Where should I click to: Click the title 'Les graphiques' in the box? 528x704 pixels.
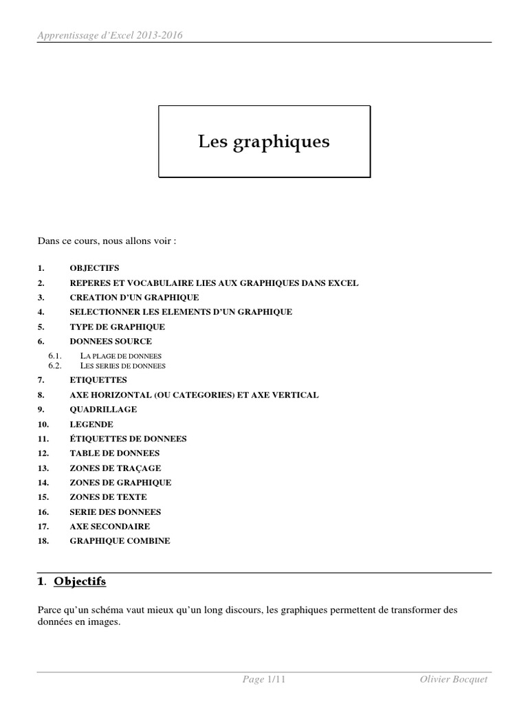264,142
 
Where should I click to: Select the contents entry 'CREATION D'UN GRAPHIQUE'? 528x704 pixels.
134,298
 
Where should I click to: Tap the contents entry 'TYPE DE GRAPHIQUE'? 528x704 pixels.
117,327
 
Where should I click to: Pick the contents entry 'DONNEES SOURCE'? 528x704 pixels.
111,341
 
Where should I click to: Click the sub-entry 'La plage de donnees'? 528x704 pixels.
121,356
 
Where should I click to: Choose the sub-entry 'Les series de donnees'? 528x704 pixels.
123,366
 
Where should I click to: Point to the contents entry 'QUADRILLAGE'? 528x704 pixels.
103,409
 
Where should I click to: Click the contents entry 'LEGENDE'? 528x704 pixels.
91,424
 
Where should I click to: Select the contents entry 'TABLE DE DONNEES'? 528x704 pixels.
114,453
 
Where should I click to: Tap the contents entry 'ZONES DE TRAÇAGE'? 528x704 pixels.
115,467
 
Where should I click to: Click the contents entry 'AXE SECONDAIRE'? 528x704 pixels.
109,526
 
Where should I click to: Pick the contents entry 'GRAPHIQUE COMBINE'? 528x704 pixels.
120,541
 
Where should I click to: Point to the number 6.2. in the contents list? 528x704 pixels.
56,366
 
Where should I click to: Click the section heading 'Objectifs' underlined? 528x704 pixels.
80,582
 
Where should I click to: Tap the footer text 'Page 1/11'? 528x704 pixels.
264,680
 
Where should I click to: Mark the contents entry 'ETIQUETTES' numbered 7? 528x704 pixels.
98,380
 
